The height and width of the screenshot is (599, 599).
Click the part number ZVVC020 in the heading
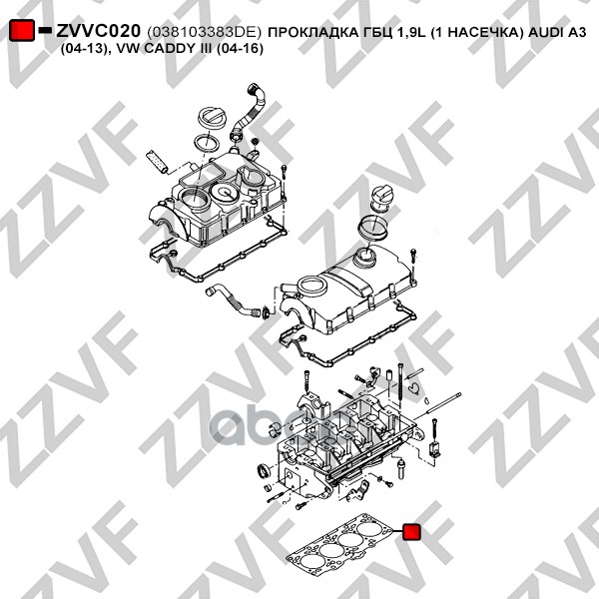coord(98,31)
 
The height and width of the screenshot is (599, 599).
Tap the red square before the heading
coord(21,30)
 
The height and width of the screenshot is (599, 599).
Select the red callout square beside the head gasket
coord(411,531)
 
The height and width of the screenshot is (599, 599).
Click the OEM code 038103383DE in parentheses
coord(204,32)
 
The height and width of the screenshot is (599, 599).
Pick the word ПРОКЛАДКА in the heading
coord(312,32)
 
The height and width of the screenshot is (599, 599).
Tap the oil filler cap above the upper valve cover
coord(209,118)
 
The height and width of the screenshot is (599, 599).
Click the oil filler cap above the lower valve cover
coord(382,198)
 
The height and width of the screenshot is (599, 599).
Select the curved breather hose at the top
coord(249,113)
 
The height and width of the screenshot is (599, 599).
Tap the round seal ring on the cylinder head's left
coord(264,470)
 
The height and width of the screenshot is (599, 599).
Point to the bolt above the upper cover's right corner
coord(284,171)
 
